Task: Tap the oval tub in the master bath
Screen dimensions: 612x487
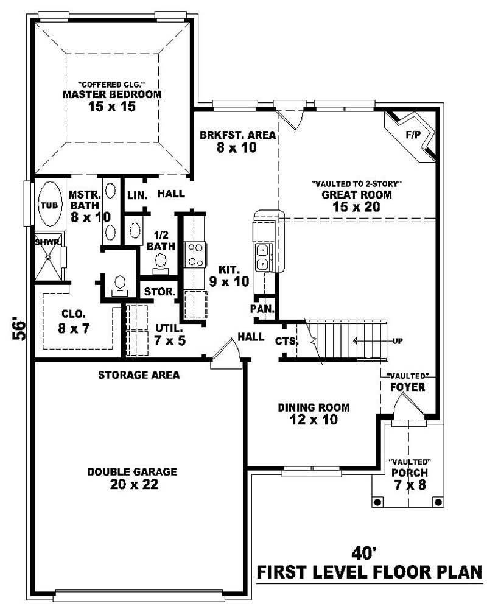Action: (x=49, y=205)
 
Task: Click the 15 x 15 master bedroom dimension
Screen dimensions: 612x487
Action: (x=112, y=107)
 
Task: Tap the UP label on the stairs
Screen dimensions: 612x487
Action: (x=397, y=341)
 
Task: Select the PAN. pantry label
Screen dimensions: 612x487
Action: (x=264, y=309)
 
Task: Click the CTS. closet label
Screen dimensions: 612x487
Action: (x=286, y=341)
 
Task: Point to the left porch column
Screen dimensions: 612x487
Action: (x=377, y=502)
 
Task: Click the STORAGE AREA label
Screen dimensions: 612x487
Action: (x=139, y=375)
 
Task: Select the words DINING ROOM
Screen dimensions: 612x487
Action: (x=314, y=407)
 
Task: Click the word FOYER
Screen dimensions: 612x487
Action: (x=407, y=387)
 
